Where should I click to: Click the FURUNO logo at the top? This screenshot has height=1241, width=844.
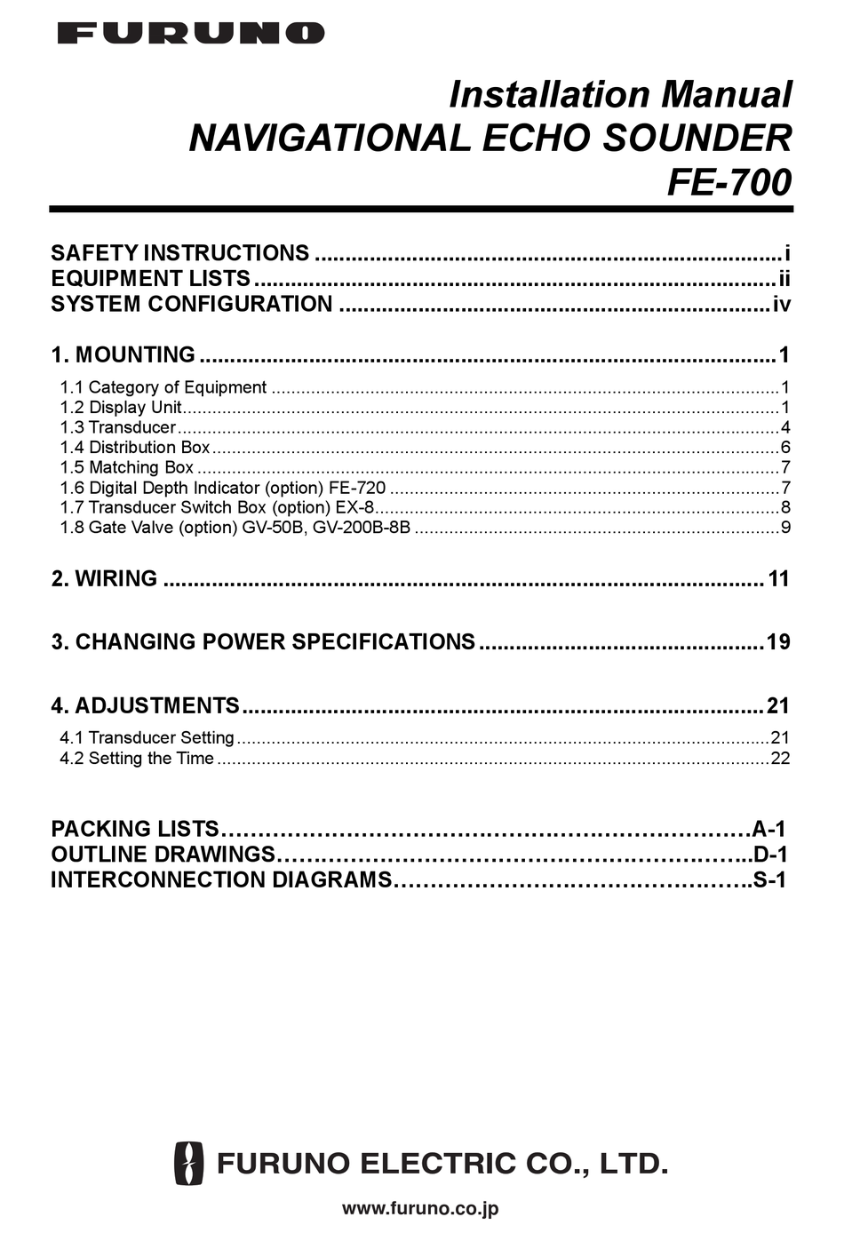coord(191,34)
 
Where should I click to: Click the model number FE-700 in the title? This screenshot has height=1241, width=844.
coord(729,182)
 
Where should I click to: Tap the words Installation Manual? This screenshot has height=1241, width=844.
coord(619,94)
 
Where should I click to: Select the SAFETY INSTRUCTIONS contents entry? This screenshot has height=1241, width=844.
coord(180,253)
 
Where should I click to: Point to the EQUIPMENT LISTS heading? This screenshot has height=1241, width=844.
coord(150,279)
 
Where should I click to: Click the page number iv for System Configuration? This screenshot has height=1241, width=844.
coord(781,305)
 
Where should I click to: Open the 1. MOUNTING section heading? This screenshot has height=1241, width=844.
coord(123,355)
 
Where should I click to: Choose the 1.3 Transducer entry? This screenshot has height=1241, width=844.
coord(118,427)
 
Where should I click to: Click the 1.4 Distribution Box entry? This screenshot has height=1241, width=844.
coord(135,448)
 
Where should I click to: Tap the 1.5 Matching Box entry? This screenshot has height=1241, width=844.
coord(127,467)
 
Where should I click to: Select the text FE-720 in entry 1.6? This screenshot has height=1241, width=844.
coord(357,488)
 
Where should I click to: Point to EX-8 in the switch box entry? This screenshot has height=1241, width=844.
coord(357,508)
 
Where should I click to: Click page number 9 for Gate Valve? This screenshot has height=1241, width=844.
coord(785,528)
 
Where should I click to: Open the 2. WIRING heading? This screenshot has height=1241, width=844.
coord(104,579)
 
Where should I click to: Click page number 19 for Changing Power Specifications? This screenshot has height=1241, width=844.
coord(778,642)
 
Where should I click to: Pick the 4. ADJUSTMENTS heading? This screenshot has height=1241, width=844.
coord(145,706)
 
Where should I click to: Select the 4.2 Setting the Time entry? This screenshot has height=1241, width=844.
coord(137,759)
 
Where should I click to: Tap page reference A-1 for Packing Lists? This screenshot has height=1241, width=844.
coord(769,830)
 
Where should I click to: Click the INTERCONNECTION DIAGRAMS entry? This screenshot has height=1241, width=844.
coord(221,880)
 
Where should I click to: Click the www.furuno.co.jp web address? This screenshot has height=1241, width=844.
coord(420,1208)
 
